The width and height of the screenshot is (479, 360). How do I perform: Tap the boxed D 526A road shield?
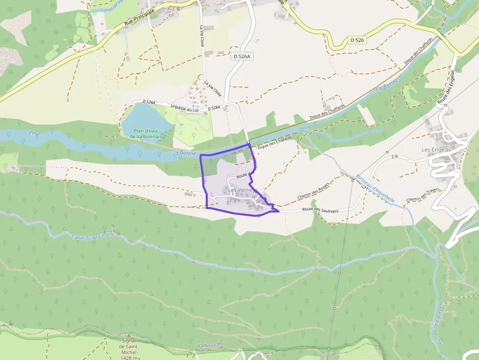242,57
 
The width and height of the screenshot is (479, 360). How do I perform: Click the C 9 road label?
395,156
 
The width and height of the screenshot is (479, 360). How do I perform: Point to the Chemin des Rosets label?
313,191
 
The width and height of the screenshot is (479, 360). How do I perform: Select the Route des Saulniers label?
320,210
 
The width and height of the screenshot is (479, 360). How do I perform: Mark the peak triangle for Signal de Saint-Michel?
130,336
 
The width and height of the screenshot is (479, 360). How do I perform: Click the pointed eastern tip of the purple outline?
279,211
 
